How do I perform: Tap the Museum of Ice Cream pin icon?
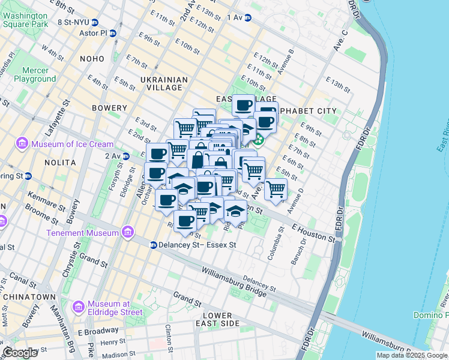[x=22, y=144]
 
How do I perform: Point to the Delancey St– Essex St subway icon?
[x=154, y=245]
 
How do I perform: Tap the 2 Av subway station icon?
[x=126, y=156]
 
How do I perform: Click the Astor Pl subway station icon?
[x=112, y=34]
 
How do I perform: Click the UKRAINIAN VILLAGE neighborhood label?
[x=152, y=83]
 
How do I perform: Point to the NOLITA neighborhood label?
[x=59, y=163]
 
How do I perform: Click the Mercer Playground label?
[x=35, y=74]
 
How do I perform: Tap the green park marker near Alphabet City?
[x=259, y=140]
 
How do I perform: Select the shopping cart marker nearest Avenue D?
[x=276, y=188]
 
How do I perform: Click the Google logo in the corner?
[x=20, y=353]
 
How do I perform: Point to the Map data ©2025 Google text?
[x=411, y=355]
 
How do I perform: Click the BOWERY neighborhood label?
[x=109, y=108]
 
